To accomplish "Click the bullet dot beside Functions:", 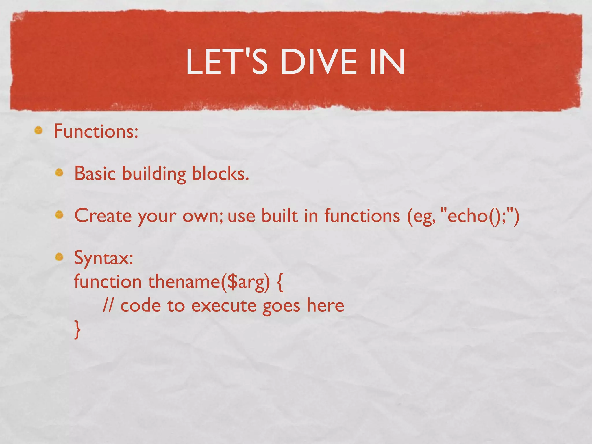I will pos(38,131).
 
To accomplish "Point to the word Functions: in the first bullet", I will pos(96,131).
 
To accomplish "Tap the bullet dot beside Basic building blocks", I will pos(59,173).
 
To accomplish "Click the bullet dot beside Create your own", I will pos(59,215).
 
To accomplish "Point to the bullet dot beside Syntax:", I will pos(59,256).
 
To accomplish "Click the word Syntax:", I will pos(104,258).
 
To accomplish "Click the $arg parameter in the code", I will pos(245,282).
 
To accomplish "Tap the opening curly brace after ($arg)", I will pos(280,282).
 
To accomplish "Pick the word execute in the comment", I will pos(224,306).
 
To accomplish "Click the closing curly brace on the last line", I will pos(77,330).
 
